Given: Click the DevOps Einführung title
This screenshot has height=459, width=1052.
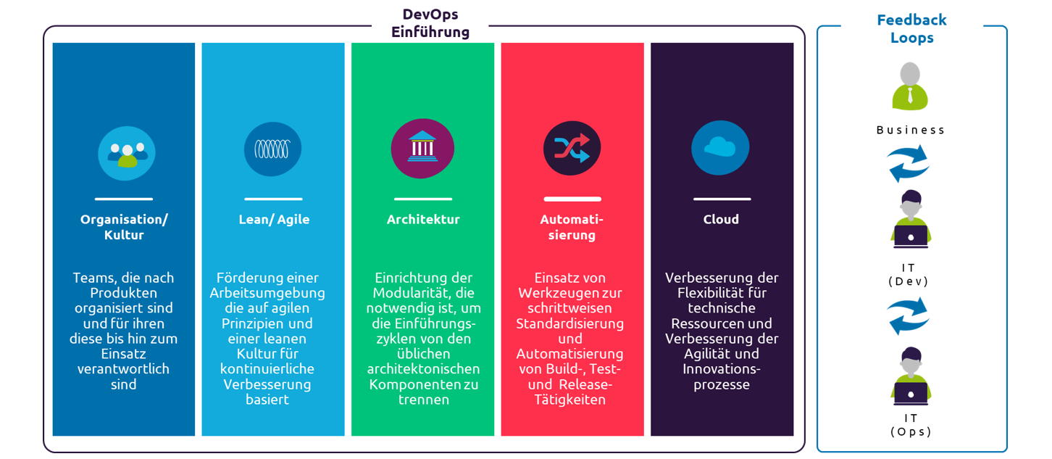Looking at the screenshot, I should click(x=430, y=23).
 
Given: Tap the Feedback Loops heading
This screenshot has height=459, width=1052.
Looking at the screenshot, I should click(x=911, y=29).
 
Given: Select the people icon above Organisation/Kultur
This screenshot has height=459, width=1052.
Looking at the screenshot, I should click(x=127, y=153).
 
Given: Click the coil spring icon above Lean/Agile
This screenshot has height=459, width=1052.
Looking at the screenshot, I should click(x=272, y=149).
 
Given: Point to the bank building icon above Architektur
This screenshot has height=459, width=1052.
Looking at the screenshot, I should click(x=422, y=149).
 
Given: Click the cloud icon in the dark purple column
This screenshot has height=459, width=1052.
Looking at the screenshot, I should click(x=720, y=148).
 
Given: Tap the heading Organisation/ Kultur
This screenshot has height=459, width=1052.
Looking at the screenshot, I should click(x=124, y=227).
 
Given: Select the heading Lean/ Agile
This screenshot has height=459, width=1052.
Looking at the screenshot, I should click(x=274, y=219).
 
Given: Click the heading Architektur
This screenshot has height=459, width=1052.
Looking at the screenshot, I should click(x=423, y=219).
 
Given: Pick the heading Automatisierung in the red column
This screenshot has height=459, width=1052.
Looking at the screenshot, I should click(x=572, y=227).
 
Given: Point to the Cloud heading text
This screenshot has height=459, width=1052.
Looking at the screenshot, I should click(x=721, y=219).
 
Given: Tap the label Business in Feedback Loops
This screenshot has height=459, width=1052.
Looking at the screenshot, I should click(x=911, y=131).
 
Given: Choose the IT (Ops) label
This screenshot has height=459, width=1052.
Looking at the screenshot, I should click(x=910, y=424).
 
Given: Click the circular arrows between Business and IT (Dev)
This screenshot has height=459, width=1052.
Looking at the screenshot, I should click(x=909, y=163).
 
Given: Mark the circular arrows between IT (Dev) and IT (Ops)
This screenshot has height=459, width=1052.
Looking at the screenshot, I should click(x=909, y=315).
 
